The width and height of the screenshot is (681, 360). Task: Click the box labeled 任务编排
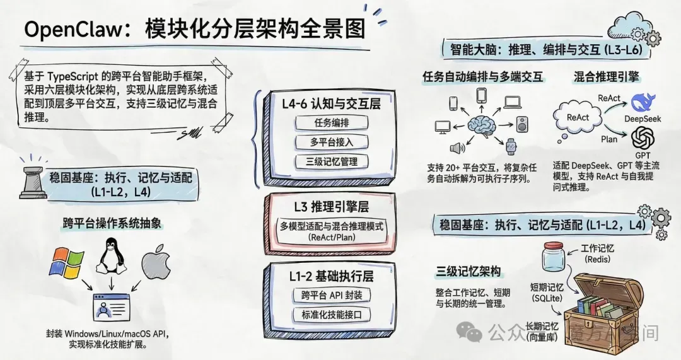click(x=331, y=122)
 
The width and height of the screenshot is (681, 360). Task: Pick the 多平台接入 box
click(x=331, y=141)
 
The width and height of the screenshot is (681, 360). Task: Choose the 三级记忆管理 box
click(x=331, y=161)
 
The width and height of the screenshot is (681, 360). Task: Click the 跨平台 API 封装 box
click(x=331, y=295)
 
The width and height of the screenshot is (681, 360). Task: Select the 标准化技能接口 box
click(x=331, y=315)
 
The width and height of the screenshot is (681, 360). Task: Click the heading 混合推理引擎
click(x=607, y=77)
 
